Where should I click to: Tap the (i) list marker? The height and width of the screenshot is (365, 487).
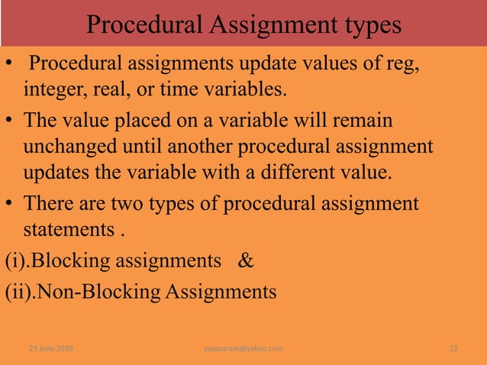(15, 261)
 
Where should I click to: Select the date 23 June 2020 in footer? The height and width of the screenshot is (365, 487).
(50, 349)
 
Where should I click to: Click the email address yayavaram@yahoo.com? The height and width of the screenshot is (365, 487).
(243, 349)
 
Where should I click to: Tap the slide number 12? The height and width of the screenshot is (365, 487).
(453, 349)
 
